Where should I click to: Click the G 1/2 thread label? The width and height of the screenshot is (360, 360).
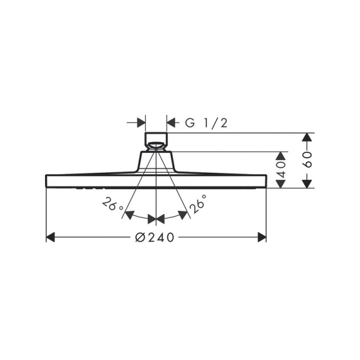point(206,123)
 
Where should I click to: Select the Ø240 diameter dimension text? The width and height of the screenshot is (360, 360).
point(155,238)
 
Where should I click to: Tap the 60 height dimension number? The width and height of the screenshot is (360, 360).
point(307,160)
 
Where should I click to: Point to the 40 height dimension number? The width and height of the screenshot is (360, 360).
point(281,169)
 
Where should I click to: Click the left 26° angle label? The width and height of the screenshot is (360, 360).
point(112,204)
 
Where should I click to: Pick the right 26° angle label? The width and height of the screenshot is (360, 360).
point(197,204)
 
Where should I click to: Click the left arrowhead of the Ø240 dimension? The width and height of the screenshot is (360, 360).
point(50,237)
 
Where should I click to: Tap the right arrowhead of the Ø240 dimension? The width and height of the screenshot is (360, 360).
point(262,237)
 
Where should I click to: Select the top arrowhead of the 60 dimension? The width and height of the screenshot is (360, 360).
point(307,137)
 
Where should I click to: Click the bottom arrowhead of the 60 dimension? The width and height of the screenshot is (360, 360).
point(307,184)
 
